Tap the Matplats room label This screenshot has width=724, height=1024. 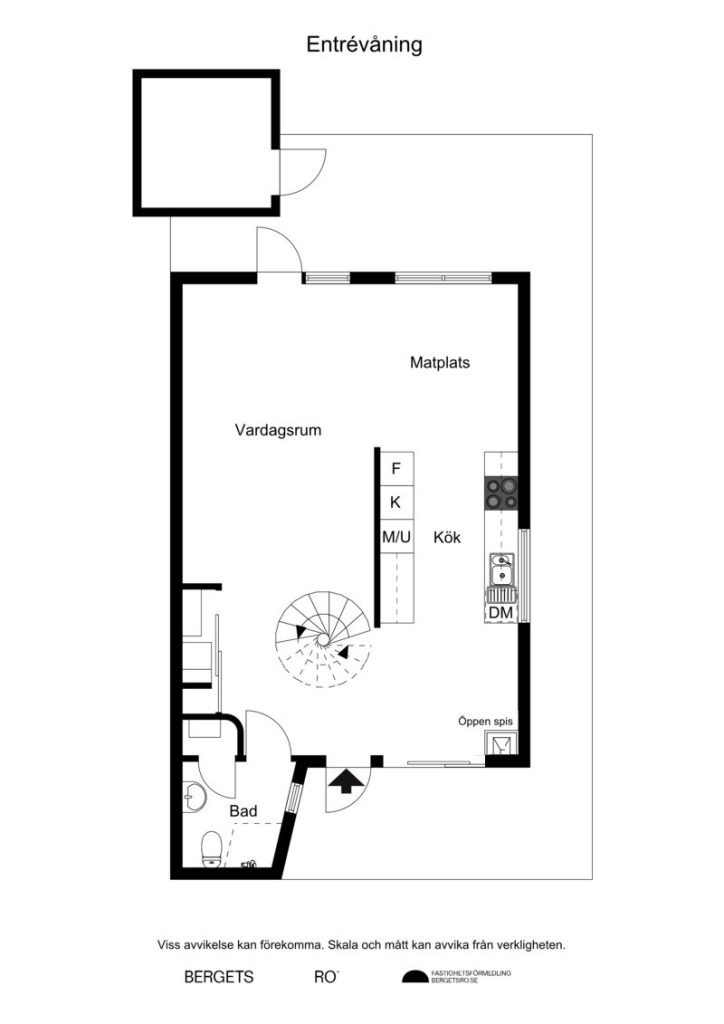coord(440,363)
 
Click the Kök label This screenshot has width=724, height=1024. coord(446,537)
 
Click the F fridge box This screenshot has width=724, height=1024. coord(396,468)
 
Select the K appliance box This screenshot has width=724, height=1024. coord(396,502)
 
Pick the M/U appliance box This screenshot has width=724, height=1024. coord(396,537)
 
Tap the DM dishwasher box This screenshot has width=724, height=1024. coord(501,612)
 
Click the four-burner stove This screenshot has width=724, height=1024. coord(501,492)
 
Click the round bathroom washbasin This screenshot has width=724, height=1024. coord(195,797)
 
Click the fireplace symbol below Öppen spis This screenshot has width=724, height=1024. coord(498,744)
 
